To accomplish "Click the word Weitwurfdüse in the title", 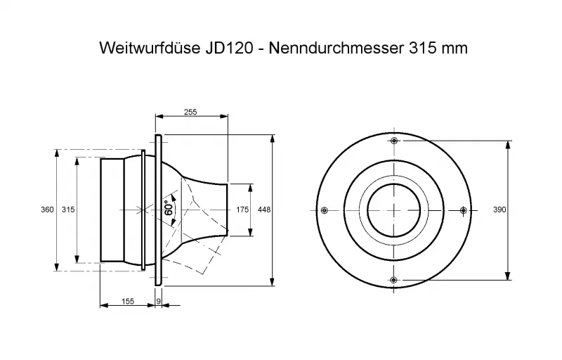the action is point(150,48).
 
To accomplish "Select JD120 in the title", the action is point(230,48).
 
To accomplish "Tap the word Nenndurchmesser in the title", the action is point(336,48).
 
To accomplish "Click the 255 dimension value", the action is point(190,112).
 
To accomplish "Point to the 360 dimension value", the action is point(47,210).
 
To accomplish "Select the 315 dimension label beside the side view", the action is point(68,210).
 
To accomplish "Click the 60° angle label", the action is point(169,207).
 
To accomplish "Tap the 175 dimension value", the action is point(242,210).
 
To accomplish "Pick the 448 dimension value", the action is point(264,210).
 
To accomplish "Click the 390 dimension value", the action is point(499,210).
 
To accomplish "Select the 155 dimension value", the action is point(128,301).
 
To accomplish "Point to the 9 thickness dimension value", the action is point(159,301).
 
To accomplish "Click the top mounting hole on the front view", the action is point(394,140).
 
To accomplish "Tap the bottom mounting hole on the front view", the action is point(393,280).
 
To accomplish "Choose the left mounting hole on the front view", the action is point(325,210).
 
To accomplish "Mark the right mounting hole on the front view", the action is point(463,210).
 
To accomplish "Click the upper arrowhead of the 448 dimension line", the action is point(273,139).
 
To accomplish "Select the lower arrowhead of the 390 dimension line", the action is point(507,276).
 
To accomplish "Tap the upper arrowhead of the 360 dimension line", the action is point(57,153).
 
